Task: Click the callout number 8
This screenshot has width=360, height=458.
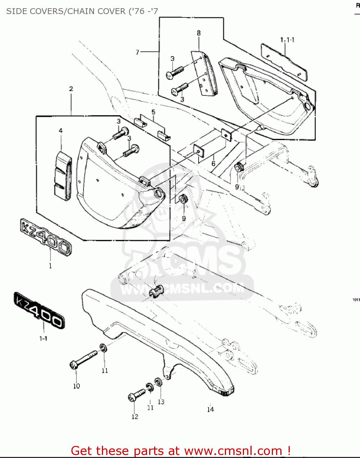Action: point(199,33)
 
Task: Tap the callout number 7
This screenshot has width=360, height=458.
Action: point(137,52)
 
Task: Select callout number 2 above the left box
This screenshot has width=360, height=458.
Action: point(71,89)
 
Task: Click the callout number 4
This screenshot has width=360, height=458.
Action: point(61,131)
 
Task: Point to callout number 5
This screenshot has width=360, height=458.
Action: point(153,112)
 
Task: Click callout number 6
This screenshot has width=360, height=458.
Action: point(213,164)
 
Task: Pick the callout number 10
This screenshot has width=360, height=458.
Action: point(76,386)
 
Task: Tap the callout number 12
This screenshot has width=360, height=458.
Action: point(135,416)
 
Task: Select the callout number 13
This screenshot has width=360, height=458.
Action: point(161,402)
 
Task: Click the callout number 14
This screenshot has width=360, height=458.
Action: point(211,409)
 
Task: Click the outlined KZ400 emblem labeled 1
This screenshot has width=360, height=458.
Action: point(46,237)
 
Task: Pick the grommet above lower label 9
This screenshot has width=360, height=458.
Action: point(183,199)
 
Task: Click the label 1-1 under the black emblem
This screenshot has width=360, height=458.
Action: point(43,338)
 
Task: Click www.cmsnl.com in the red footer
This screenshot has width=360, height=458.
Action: point(233,451)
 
